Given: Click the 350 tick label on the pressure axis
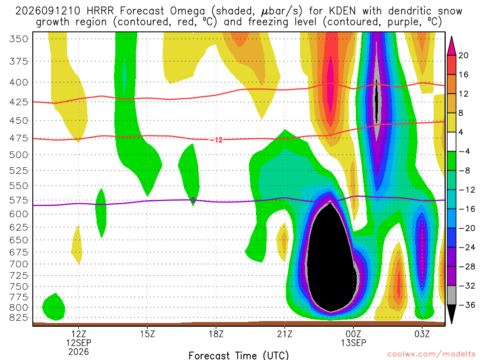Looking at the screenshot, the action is [x=19, y=39].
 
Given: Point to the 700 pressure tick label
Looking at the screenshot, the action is [x=19, y=264].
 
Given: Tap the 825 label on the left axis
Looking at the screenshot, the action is [x=19, y=317].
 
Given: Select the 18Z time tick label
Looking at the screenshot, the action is [x=216, y=334].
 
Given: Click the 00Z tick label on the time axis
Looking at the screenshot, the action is [x=353, y=334].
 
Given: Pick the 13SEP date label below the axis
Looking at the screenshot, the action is [x=353, y=343].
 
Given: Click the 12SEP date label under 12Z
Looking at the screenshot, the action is [x=79, y=343].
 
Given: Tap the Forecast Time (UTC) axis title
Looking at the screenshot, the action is [x=239, y=355].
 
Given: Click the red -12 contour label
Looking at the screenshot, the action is [x=217, y=140].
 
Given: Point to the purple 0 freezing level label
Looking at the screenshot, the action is [x=193, y=200].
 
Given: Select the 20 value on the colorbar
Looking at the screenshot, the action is [x=463, y=55].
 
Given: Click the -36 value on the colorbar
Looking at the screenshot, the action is [x=466, y=305].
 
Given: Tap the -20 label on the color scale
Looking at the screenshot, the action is [x=466, y=228].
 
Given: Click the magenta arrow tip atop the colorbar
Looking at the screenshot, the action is [x=451, y=37].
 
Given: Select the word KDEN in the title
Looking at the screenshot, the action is [x=342, y=11].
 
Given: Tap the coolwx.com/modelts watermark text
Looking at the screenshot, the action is [x=431, y=354].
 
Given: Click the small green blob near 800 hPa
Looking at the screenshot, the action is [x=54, y=307].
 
